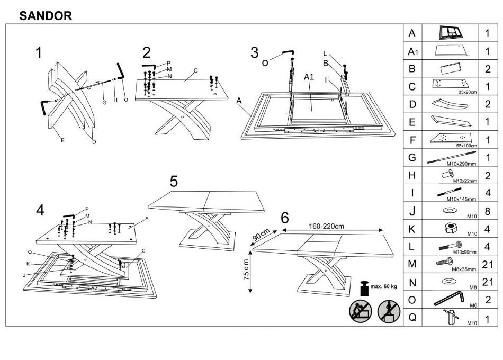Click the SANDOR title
point(46,16)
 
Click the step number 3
point(255,52)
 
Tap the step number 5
point(174,181)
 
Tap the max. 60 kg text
point(384,286)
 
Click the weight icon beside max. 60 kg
point(364,289)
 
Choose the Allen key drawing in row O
point(449,299)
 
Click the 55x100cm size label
point(466,145)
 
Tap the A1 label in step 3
point(310,77)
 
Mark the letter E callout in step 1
point(62,140)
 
